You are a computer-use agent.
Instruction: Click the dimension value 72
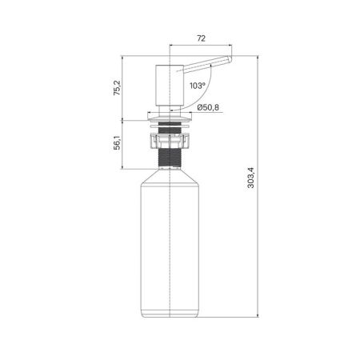201,38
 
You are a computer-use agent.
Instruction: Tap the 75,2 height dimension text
117,88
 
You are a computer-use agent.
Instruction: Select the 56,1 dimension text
117,143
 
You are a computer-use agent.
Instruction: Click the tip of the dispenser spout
230,61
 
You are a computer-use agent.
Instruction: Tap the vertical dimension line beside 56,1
126,144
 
